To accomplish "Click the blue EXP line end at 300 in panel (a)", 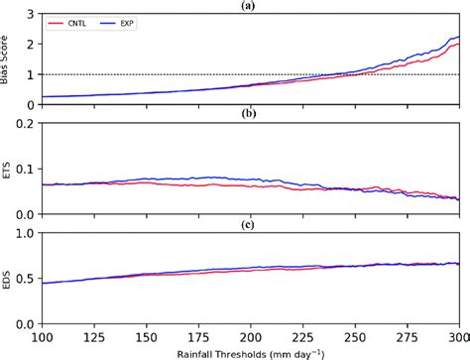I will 459,37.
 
